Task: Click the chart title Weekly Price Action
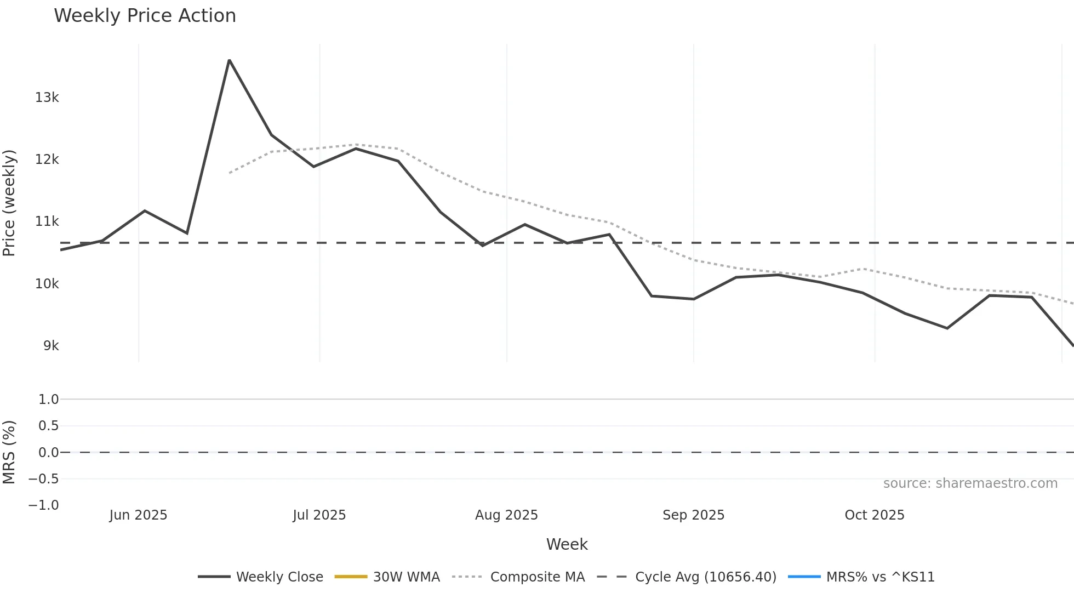(145, 16)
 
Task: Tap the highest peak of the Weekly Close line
(229, 60)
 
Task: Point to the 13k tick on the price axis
(47, 98)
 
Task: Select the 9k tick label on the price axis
(51, 346)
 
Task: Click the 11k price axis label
(47, 221)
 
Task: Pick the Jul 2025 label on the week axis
(319, 515)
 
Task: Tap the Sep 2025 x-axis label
(693, 515)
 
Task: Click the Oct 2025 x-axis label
(874, 515)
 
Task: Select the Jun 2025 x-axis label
(138, 515)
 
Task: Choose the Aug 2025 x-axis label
(506, 515)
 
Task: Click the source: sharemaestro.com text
(970, 483)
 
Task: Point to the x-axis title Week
(567, 544)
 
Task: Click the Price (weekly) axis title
(9, 203)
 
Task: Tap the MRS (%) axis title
(9, 452)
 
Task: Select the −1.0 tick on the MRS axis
(44, 505)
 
